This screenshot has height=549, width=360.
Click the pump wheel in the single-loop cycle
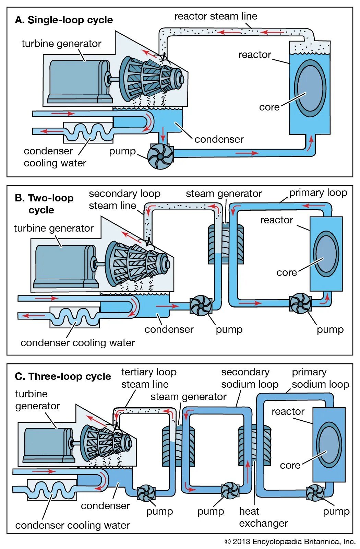[x=160, y=156]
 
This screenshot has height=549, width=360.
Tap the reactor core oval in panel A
[x=310, y=88]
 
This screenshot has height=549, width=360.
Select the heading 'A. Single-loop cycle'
[x=64, y=20]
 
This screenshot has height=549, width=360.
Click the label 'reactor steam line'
[x=216, y=16]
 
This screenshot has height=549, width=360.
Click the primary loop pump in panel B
[x=300, y=303]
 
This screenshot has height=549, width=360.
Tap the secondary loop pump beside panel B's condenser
[x=201, y=305]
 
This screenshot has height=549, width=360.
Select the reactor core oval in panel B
[x=325, y=254]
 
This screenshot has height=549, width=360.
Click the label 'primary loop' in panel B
[x=318, y=193]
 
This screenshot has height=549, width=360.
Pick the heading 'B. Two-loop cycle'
[x=44, y=204]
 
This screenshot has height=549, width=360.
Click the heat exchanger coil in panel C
[x=254, y=444]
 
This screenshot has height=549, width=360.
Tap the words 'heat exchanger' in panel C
[x=263, y=517]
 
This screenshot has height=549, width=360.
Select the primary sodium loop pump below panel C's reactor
[x=315, y=493]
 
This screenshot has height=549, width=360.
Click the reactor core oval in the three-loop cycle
[x=329, y=445]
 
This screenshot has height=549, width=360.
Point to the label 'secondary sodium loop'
[x=250, y=378]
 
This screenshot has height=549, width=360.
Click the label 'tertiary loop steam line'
[x=148, y=378]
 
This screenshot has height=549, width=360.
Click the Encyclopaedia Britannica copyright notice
[x=290, y=541]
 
